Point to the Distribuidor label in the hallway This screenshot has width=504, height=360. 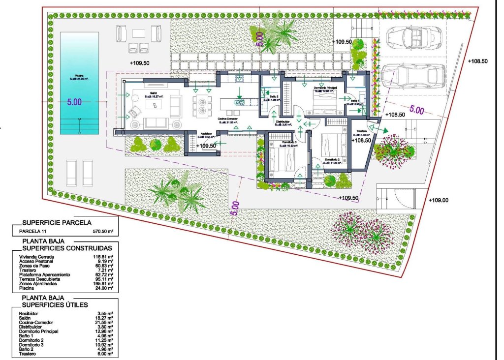pyautogui.click(x=282, y=121)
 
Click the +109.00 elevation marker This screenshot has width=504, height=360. pyautogui.click(x=438, y=200)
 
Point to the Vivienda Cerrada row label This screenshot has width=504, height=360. pyautogui.click(x=36, y=257)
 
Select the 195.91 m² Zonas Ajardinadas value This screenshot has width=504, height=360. pyautogui.click(x=104, y=284)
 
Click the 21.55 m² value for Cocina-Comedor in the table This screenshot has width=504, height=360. pyautogui.click(x=104, y=323)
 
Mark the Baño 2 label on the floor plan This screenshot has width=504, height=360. pyautogui.click(x=274, y=97)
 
